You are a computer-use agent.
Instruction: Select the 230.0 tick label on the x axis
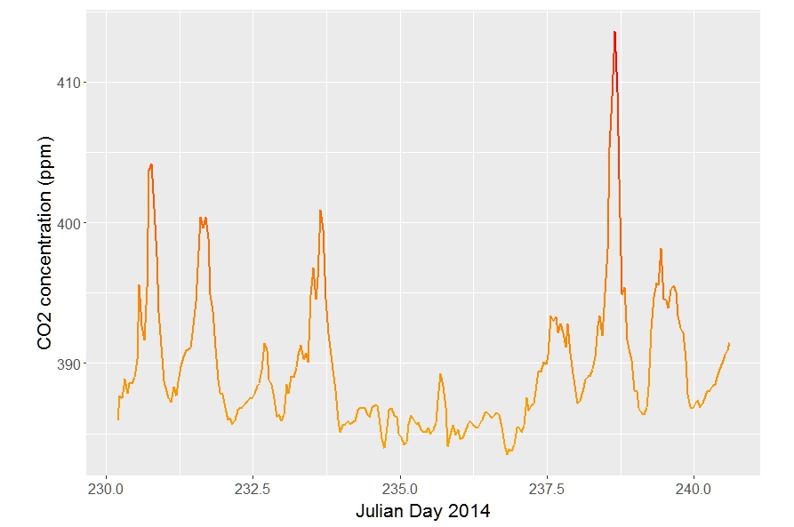107,489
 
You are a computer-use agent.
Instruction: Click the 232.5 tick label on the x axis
253,489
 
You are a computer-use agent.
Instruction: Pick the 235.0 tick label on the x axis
400,489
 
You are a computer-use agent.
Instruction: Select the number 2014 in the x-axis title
471,512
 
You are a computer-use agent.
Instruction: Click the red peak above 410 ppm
614,32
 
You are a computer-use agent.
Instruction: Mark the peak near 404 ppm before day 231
151,164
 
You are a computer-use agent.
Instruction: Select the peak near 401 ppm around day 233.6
320,211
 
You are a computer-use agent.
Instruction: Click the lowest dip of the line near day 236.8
507,453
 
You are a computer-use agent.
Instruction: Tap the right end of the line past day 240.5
729,343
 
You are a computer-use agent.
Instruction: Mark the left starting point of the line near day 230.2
118,419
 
